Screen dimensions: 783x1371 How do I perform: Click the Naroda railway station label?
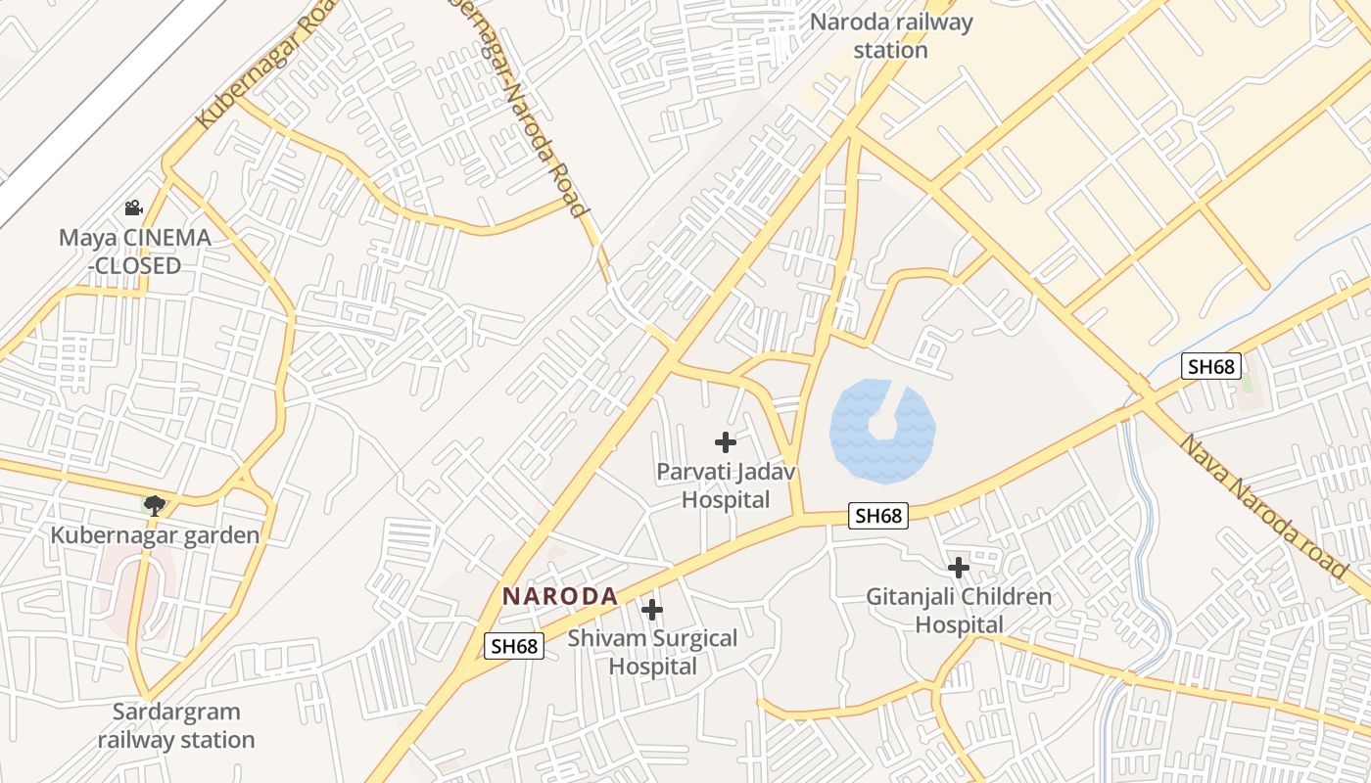tap(890, 35)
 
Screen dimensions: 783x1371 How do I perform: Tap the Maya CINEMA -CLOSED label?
tap(134, 252)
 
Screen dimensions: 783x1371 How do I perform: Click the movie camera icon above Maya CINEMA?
tap(133, 207)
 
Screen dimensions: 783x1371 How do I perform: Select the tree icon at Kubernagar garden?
tap(153, 505)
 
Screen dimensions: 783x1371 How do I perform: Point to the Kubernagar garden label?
tap(155, 535)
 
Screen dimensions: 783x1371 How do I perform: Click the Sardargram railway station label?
tap(175, 725)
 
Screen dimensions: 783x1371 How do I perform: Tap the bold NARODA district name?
tap(559, 596)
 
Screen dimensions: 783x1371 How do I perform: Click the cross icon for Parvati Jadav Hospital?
tap(725, 442)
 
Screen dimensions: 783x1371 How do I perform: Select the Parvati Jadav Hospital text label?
tap(726, 485)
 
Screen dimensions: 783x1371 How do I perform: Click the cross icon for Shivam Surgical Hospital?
tap(651, 610)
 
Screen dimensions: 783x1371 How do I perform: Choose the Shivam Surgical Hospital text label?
tap(653, 653)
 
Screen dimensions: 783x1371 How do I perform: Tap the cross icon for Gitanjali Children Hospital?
tap(959, 567)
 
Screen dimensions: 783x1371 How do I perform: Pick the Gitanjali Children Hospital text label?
tap(959, 610)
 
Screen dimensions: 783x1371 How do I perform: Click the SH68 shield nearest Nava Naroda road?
tap(1210, 367)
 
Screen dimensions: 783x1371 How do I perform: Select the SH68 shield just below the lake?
tap(877, 516)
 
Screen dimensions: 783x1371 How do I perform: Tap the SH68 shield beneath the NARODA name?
tap(514, 646)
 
